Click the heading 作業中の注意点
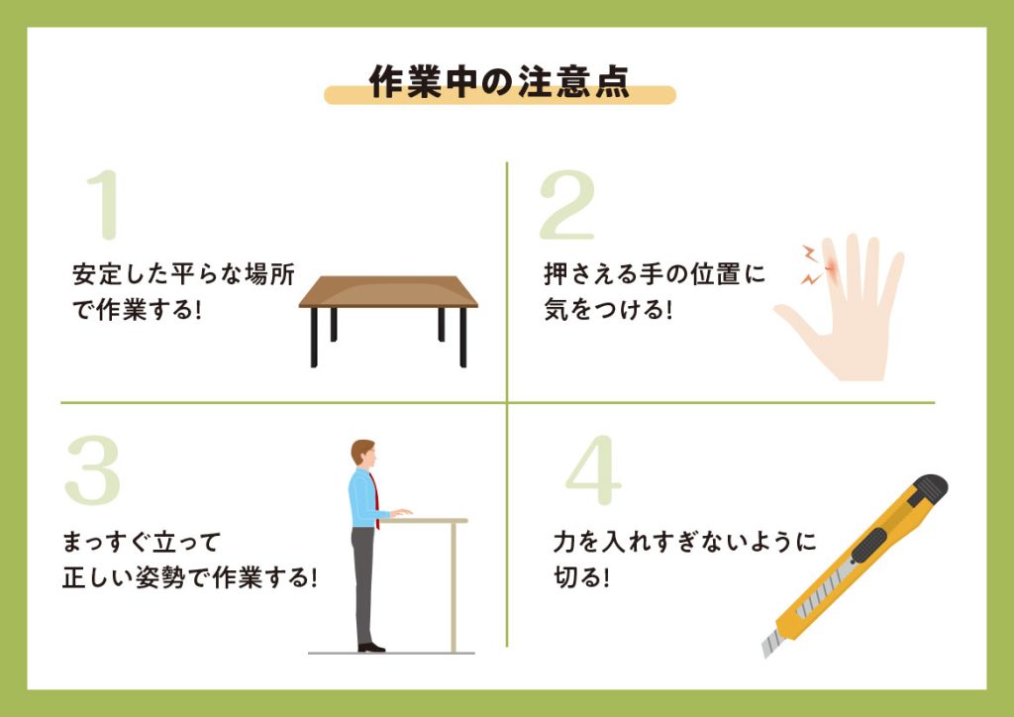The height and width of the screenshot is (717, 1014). [x=499, y=82]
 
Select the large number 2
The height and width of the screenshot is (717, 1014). [x=567, y=204]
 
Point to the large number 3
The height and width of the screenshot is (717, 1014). [x=92, y=470]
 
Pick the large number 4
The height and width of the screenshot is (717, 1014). [x=593, y=470]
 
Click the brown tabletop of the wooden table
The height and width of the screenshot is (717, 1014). [x=388, y=291]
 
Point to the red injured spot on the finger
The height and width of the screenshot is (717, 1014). [x=831, y=267]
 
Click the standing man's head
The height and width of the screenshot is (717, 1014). [x=362, y=453]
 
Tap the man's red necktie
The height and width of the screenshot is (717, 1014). [x=374, y=499]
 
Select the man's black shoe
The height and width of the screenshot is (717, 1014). [x=371, y=647]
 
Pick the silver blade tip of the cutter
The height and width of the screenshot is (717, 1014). [x=771, y=645]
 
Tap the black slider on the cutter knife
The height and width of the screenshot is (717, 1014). [x=868, y=546]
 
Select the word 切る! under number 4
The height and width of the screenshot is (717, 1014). [x=581, y=576]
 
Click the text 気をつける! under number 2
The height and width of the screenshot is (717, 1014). [x=608, y=310]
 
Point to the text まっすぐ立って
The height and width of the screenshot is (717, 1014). [x=142, y=542]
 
